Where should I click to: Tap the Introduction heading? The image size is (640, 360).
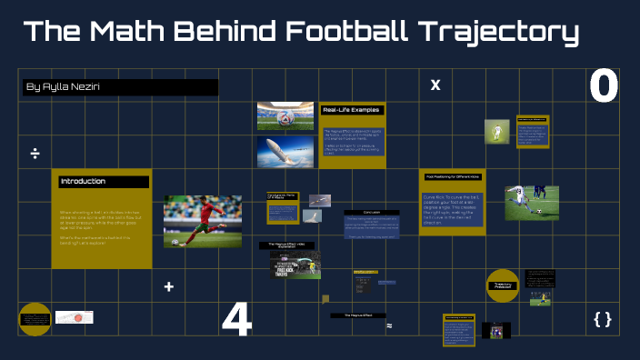tap(83, 182)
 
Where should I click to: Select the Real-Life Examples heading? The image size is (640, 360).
tap(352, 110)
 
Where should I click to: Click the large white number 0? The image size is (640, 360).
tap(604, 87)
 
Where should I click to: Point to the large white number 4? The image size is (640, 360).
tap(236, 320)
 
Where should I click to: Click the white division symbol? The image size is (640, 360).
tap(35, 153)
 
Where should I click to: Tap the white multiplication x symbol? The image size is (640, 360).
tap(435, 85)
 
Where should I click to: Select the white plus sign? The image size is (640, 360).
tap(168, 286)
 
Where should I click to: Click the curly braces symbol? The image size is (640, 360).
tap(602, 318)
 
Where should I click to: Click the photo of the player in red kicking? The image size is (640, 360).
tap(203, 221)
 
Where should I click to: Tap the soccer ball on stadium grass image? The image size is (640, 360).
tap(285, 115)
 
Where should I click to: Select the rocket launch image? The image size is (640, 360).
tap(285, 154)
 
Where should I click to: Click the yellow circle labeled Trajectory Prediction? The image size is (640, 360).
tap(503, 285)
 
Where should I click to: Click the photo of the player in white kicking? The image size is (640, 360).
tap(531, 203)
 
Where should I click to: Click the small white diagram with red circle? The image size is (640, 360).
tap(75, 317)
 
